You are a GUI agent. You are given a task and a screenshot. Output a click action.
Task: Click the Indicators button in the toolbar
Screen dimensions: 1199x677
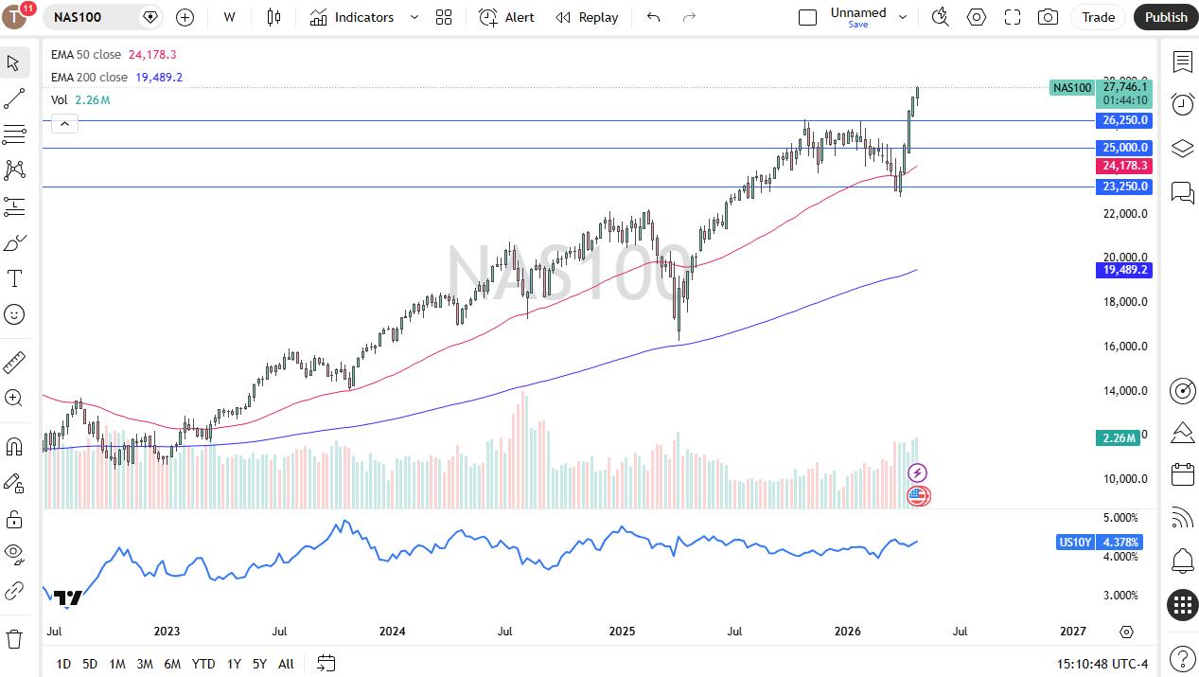pyautogui.click(x=352, y=17)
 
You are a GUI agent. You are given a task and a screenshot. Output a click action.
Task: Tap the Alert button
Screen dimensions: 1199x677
pyautogui.click(x=506, y=17)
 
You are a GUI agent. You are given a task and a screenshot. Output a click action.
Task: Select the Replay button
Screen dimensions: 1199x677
pyautogui.click(x=587, y=17)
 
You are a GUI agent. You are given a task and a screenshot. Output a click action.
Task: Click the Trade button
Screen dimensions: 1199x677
pyautogui.click(x=1098, y=17)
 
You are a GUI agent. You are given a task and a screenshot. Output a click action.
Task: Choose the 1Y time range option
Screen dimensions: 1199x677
pyautogui.click(x=234, y=664)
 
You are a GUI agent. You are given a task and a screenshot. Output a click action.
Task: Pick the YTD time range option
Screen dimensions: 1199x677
pyautogui.click(x=203, y=664)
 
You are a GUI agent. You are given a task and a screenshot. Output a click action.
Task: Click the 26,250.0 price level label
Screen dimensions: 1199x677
pyautogui.click(x=1124, y=120)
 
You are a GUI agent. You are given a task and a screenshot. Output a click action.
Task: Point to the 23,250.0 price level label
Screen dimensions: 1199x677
pyautogui.click(x=1124, y=187)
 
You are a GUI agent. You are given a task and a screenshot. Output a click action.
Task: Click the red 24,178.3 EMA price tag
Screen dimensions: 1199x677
pyautogui.click(x=1124, y=166)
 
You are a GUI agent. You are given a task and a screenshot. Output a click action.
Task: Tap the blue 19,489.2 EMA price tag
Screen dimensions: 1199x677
pyautogui.click(x=1124, y=270)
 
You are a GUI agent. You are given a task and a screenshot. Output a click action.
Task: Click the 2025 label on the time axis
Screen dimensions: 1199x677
pyautogui.click(x=622, y=631)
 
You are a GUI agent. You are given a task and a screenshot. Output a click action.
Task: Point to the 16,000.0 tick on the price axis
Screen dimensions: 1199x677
pyautogui.click(x=1125, y=346)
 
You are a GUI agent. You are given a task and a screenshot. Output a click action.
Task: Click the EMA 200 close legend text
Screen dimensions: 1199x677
pyautogui.click(x=89, y=77)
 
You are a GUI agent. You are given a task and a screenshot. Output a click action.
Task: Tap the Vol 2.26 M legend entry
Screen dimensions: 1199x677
pyautogui.click(x=80, y=100)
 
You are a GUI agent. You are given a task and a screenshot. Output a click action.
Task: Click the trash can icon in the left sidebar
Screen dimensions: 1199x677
pyautogui.click(x=14, y=639)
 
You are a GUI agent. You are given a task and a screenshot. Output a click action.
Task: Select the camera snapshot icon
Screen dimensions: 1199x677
pyautogui.click(x=1048, y=17)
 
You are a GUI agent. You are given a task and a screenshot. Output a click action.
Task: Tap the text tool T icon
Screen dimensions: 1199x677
pyautogui.click(x=14, y=278)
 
